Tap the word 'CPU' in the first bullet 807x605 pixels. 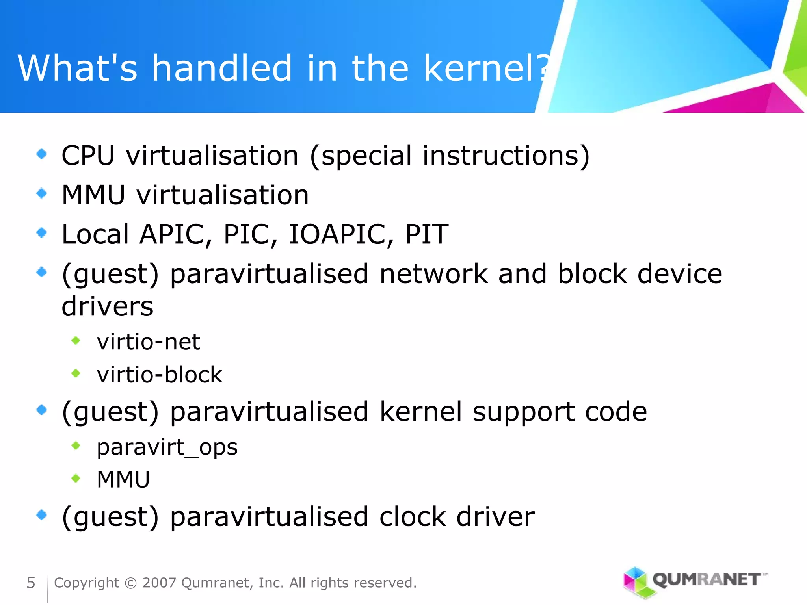click(88, 156)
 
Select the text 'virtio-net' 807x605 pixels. click(149, 341)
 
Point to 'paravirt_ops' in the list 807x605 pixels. click(167, 447)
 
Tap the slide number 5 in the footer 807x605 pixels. click(31, 583)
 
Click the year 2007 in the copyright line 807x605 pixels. click(159, 583)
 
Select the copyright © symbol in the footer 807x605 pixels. click(130, 583)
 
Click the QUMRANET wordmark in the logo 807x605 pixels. click(707, 579)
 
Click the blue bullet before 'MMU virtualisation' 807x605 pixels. click(41, 193)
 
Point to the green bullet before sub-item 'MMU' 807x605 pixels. click(76, 479)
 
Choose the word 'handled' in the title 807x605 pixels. click(222, 68)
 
